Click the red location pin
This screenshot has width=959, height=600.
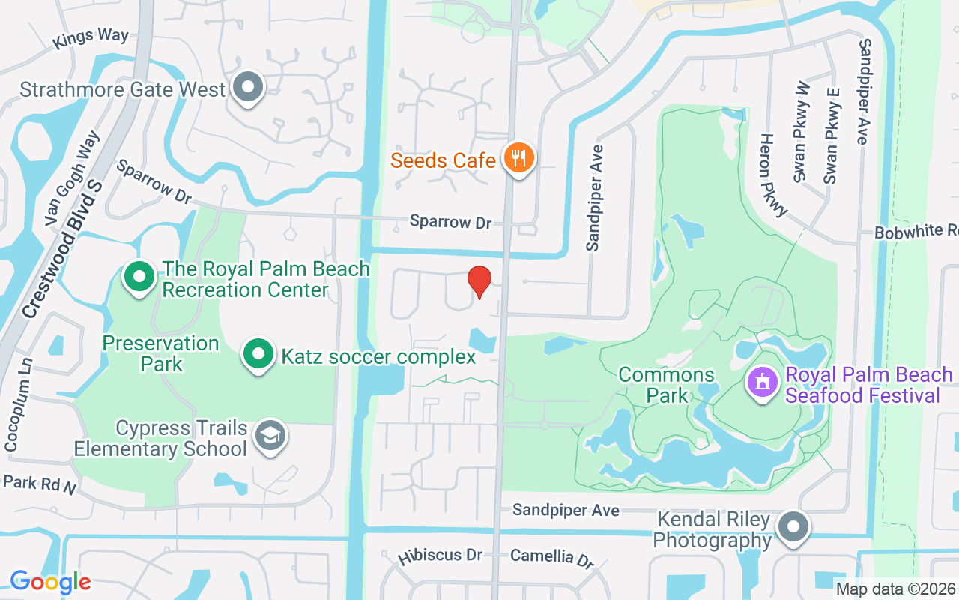click(479, 282)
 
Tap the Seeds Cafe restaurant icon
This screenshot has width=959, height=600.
click(518, 158)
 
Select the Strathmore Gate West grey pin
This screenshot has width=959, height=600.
click(247, 88)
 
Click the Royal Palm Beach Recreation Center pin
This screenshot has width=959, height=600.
click(139, 277)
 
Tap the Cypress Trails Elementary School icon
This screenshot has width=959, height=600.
click(270, 435)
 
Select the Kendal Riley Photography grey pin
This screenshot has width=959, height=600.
click(793, 526)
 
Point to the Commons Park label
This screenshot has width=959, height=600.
click(666, 384)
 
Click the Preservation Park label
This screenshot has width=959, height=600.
click(161, 353)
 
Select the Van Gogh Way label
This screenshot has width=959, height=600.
click(72, 178)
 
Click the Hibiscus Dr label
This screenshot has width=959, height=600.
click(441, 556)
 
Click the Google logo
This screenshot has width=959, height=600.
click(50, 582)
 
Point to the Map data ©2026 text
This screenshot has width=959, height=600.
click(896, 589)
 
